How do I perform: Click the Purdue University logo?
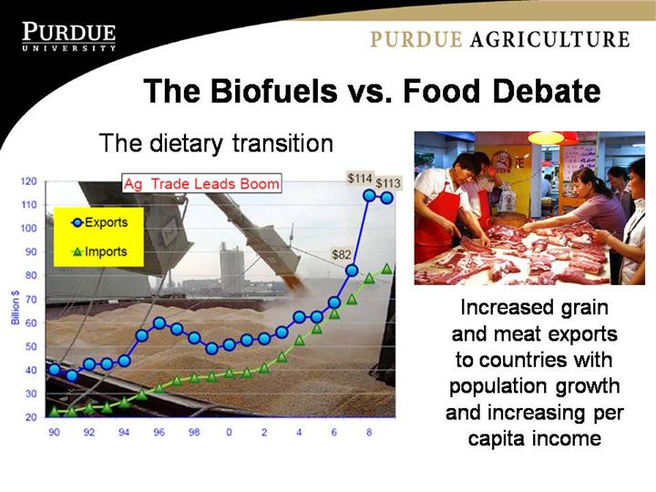(x=69, y=36)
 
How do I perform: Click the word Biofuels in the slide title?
(x=274, y=91)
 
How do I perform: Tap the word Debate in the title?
(x=548, y=91)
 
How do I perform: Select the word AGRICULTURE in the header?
(x=549, y=39)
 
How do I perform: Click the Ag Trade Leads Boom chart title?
(x=201, y=184)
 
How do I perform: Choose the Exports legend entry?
(x=99, y=222)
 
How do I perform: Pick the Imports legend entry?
(x=99, y=251)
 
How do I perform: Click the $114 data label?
(x=359, y=179)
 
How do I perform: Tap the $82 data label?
(x=341, y=254)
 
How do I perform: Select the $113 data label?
(x=388, y=183)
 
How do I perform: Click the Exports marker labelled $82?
(x=352, y=271)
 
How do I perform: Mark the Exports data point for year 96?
(x=159, y=323)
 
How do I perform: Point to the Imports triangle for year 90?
(x=55, y=412)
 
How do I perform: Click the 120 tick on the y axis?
(x=29, y=181)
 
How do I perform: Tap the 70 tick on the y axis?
(x=31, y=300)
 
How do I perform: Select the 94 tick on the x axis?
(x=124, y=432)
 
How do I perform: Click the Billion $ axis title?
(x=15, y=308)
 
